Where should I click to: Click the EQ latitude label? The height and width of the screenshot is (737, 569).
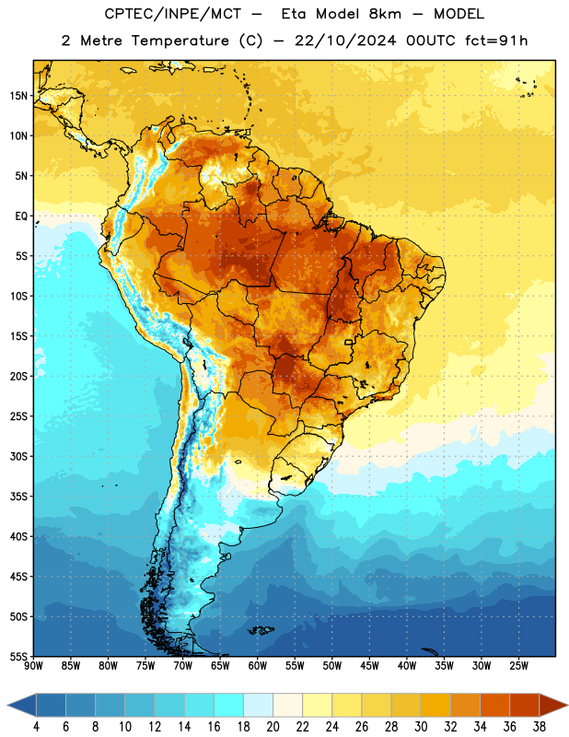(x=21, y=216)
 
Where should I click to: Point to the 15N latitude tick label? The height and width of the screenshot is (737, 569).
(x=18, y=96)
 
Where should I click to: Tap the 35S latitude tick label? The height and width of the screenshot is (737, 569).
(x=18, y=497)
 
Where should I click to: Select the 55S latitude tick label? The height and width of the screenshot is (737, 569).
(x=18, y=656)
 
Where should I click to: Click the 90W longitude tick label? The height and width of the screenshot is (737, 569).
(x=33, y=665)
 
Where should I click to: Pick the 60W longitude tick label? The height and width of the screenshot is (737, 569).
(x=258, y=665)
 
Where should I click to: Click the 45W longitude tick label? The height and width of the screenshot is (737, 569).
(x=369, y=665)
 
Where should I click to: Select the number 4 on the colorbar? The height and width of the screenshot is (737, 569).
(x=36, y=727)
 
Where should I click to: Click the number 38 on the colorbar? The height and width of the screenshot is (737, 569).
(x=540, y=727)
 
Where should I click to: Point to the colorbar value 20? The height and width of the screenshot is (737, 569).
(x=273, y=727)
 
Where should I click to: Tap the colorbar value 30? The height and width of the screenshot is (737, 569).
(x=421, y=727)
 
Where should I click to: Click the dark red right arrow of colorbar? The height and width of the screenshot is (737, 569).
(x=552, y=705)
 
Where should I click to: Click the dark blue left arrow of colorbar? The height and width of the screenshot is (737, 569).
(x=22, y=705)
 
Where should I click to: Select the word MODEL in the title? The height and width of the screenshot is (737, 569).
(x=459, y=14)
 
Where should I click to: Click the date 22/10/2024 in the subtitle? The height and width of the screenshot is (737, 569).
(x=345, y=41)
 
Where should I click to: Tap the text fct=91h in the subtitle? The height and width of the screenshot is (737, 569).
(x=496, y=41)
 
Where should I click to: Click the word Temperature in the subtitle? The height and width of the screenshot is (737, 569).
(x=180, y=41)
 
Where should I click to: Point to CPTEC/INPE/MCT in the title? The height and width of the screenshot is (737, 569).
(x=172, y=14)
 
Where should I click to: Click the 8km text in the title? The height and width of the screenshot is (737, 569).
(x=385, y=14)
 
